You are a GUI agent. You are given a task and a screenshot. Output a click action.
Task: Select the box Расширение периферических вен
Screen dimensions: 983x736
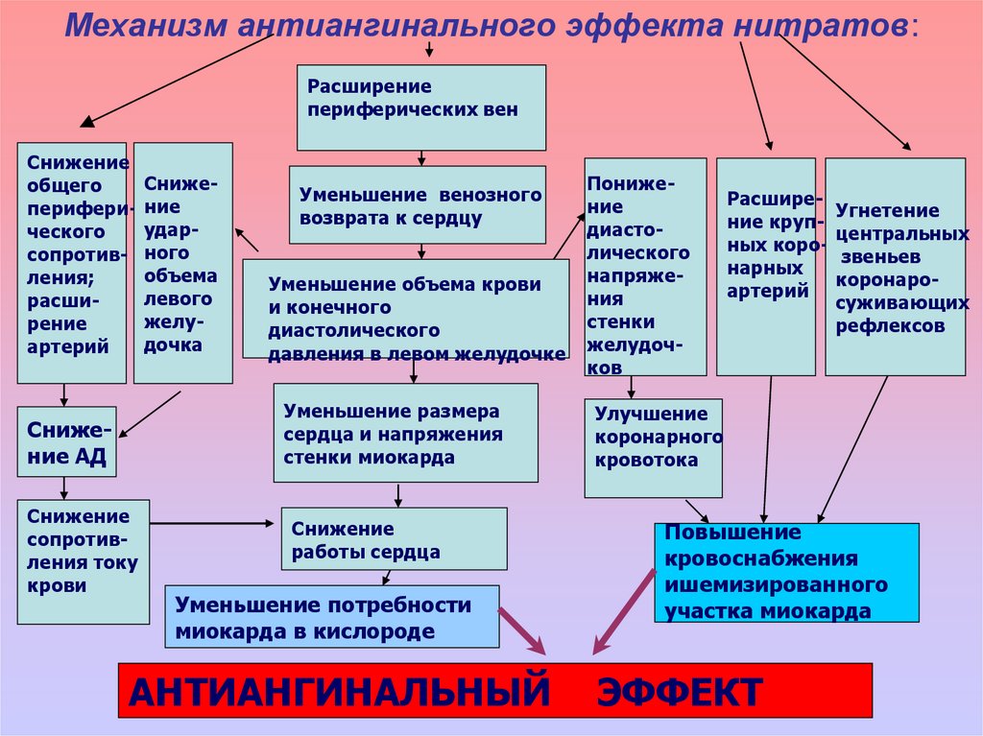pyautogui.click(x=420, y=107)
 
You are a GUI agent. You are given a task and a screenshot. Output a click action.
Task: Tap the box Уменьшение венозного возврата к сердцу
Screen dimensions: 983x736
pyautogui.click(x=418, y=204)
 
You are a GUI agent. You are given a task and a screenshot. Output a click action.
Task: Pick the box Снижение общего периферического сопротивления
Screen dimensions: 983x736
pyautogui.click(x=72, y=263)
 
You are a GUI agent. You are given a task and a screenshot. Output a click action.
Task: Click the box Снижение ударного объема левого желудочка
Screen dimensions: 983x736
pyautogui.click(x=182, y=263)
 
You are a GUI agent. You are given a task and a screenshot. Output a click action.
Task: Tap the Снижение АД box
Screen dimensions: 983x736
pyautogui.click(x=66, y=441)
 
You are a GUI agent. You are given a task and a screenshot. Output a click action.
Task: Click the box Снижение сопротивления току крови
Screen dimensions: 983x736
pyautogui.click(x=84, y=561)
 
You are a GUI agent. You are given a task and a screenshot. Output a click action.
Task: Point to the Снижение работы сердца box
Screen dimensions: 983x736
pyautogui.click(x=394, y=539)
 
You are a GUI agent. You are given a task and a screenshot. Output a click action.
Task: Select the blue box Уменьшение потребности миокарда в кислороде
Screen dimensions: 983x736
pyautogui.click(x=332, y=616)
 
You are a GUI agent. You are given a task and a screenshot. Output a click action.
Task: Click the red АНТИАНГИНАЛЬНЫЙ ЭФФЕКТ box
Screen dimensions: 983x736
pyautogui.click(x=494, y=690)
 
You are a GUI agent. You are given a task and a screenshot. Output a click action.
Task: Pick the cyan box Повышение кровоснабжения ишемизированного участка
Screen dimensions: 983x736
pyautogui.click(x=786, y=573)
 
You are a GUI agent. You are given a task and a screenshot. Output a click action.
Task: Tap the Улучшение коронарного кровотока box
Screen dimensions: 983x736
pyautogui.click(x=653, y=448)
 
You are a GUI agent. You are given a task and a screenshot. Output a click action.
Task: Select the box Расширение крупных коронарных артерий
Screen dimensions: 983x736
pyautogui.click(x=765, y=266)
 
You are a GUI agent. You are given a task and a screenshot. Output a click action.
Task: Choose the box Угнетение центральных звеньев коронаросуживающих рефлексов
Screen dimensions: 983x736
pyautogui.click(x=895, y=266)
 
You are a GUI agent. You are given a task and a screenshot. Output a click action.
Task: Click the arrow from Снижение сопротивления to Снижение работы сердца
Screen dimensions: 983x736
pyautogui.click(x=211, y=523)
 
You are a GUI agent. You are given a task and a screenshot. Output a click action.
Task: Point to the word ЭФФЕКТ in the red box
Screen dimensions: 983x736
pyautogui.click(x=682, y=691)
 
